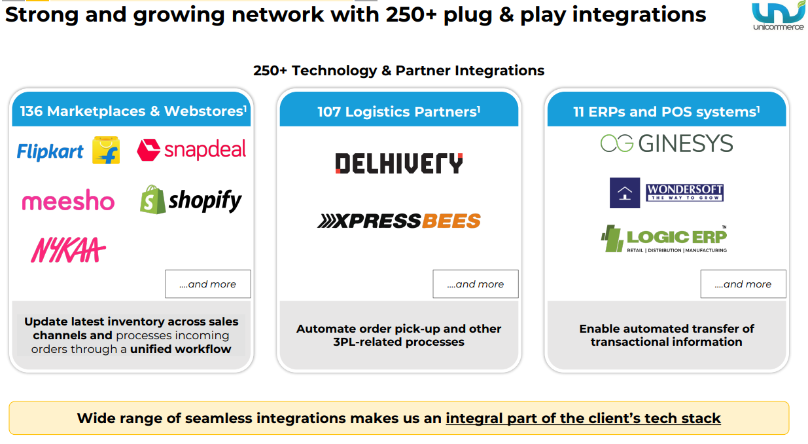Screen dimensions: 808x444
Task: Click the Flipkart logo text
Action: (x=50, y=152)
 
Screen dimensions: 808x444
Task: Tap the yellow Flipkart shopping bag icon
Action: (x=106, y=150)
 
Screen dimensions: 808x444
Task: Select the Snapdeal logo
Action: (x=192, y=150)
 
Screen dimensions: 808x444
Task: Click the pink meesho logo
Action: (x=68, y=201)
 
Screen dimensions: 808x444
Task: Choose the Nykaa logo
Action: (x=68, y=250)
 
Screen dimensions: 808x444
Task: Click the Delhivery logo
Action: (x=399, y=163)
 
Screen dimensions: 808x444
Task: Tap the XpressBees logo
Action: (x=399, y=221)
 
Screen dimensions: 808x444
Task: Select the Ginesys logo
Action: (x=667, y=143)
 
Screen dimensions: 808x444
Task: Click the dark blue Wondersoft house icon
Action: (x=624, y=193)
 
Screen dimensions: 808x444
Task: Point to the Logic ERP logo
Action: (x=664, y=239)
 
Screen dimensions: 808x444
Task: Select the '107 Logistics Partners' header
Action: (x=399, y=112)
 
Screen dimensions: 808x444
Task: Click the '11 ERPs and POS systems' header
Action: (x=667, y=112)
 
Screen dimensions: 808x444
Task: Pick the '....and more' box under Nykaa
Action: (x=207, y=284)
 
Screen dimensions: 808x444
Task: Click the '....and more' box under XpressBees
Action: (x=476, y=284)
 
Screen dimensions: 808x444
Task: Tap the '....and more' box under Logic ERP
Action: (x=743, y=284)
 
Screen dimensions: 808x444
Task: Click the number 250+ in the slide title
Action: (x=407, y=14)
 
